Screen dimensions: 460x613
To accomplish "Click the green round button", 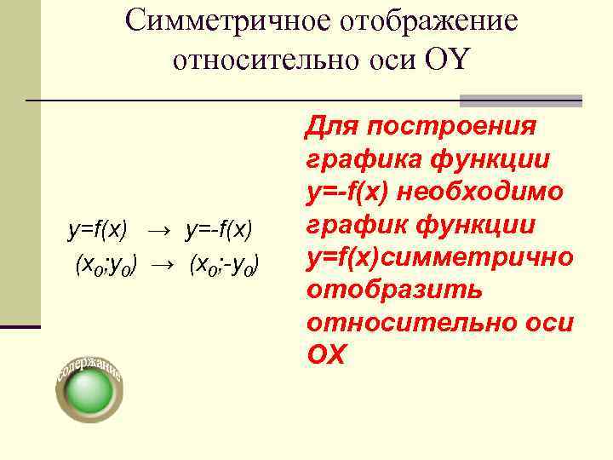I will [x=89, y=393].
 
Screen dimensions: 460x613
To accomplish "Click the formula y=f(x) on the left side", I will [x=98, y=228].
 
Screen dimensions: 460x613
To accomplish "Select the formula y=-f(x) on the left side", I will [x=220, y=228].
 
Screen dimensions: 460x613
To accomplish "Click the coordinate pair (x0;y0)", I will [x=106, y=265].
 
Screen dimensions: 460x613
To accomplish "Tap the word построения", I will [x=448, y=127].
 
